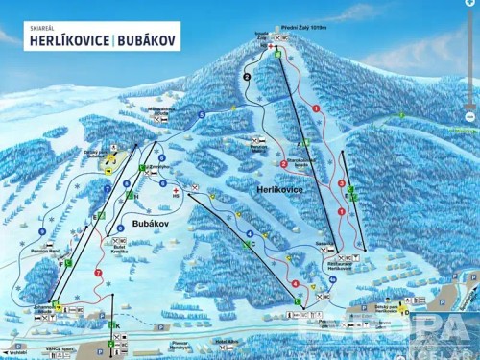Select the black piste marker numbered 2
[x=247, y=77]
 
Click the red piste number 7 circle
[x=98, y=274]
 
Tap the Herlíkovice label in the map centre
[x=278, y=191]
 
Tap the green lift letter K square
[x=114, y=326]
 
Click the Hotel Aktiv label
[x=227, y=342]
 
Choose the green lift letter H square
[x=136, y=196]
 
